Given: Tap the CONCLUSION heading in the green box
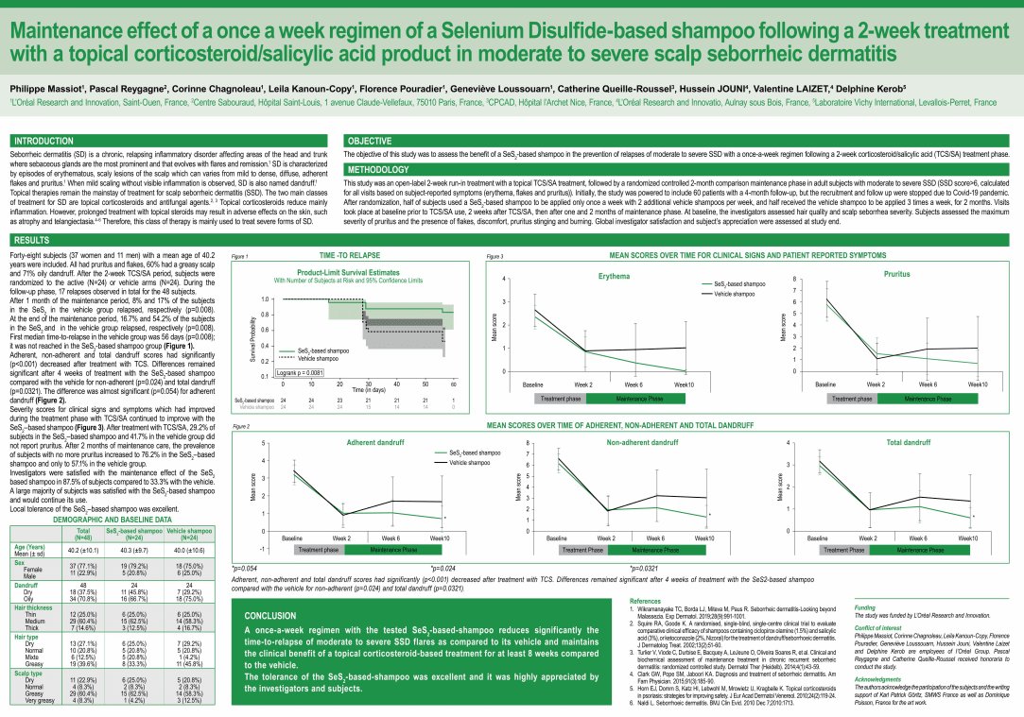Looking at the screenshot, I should (270, 614).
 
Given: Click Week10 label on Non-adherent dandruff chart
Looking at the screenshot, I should (704, 538).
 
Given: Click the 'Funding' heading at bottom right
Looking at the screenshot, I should (864, 608).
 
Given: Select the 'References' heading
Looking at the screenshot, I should (645, 601).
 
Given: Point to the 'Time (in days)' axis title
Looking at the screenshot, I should (367, 388).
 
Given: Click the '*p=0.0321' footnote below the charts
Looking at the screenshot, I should (634, 569).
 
